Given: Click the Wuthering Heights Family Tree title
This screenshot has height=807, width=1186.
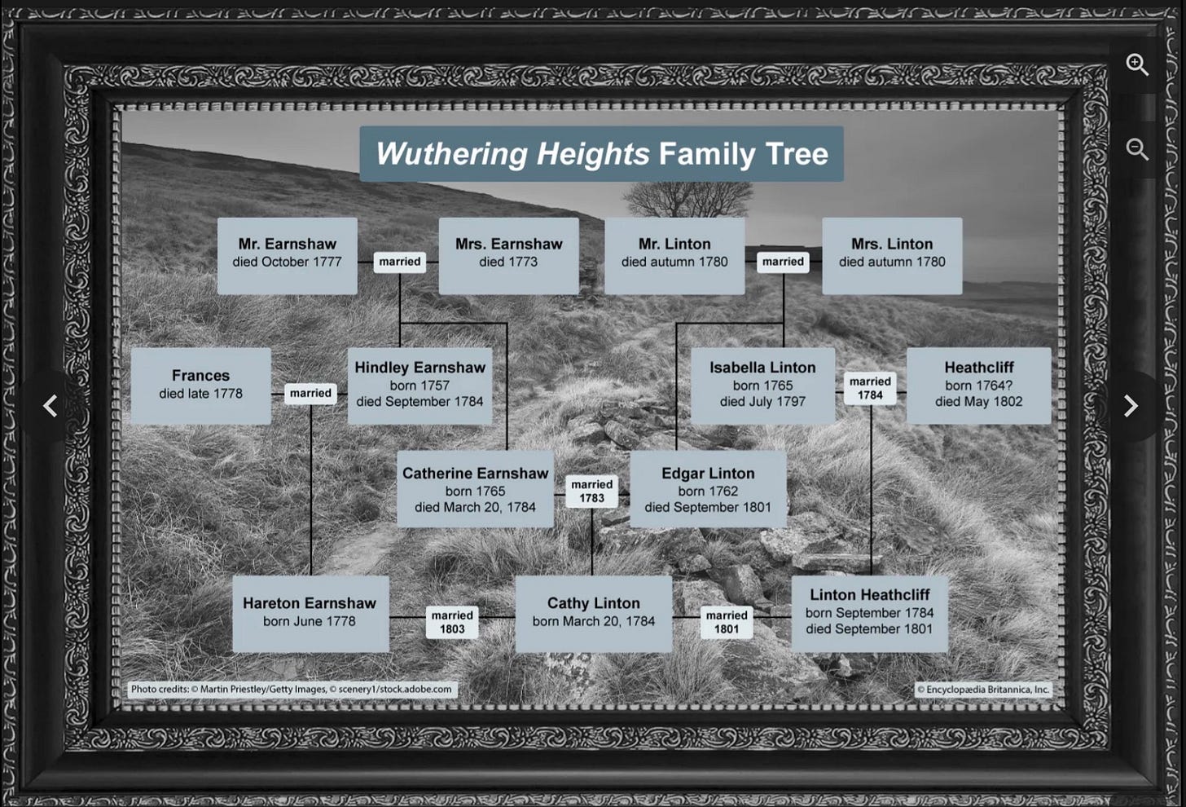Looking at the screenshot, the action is (601, 154).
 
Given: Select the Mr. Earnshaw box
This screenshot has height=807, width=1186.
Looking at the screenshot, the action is (287, 255).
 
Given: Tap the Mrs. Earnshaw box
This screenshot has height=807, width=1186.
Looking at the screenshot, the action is (508, 255).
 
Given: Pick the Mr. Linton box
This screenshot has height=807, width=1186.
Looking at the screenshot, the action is (674, 255).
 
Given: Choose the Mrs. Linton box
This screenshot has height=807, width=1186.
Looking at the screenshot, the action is (892, 255).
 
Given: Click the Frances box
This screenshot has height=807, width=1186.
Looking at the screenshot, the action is (200, 386).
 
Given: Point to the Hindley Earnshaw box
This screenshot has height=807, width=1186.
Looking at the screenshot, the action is (419, 386).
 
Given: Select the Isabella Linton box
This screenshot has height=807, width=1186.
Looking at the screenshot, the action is (762, 386).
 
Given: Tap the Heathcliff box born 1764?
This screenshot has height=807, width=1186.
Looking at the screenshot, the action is (978, 386).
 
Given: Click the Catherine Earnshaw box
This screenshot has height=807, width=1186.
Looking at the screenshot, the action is (475, 489).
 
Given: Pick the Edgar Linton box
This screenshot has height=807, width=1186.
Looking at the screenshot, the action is (708, 489).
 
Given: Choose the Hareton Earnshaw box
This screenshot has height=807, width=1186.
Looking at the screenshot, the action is (310, 613).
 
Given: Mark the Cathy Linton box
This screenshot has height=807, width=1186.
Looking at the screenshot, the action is (593, 613).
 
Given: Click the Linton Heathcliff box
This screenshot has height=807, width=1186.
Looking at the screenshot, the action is (869, 613).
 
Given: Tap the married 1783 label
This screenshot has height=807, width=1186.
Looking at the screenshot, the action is (591, 491).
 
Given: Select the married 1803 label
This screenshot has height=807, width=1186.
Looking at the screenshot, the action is (452, 622).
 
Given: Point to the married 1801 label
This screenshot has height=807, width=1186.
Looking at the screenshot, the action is (727, 622).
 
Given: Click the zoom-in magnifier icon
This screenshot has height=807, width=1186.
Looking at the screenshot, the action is (1137, 64).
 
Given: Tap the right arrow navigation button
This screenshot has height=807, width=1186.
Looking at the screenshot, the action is (1131, 406).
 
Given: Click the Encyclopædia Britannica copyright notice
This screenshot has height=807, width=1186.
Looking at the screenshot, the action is (983, 690).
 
